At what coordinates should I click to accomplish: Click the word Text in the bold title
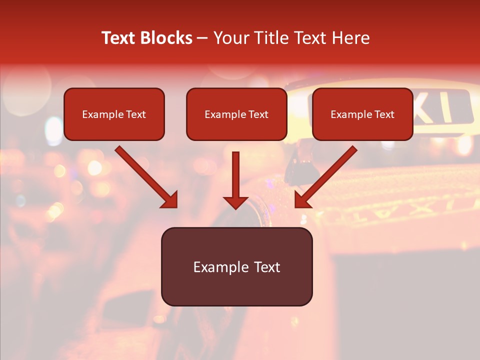(x=119, y=38)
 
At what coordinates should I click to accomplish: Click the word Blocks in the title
(x=166, y=38)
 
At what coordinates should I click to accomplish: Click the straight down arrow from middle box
(x=235, y=175)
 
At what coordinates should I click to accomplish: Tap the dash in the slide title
(x=202, y=38)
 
